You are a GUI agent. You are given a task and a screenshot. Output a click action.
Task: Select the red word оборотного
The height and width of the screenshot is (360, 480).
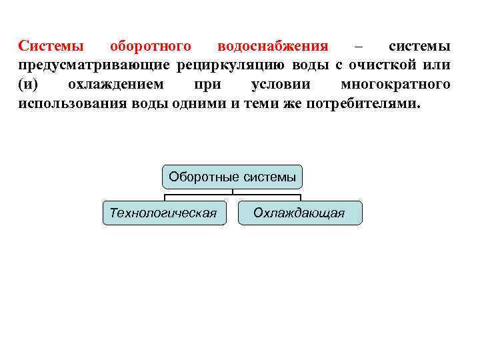[151, 47]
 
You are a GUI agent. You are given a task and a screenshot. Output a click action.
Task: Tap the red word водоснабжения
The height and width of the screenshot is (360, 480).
[273, 47]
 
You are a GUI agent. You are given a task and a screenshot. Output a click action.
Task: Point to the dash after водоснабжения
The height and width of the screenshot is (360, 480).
[359, 47]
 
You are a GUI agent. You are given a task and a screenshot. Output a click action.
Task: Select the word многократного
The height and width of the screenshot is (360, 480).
[395, 85]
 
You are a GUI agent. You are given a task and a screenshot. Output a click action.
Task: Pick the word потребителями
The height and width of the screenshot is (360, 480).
[363, 105]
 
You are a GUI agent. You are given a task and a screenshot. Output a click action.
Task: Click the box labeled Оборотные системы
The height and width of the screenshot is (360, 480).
[232, 177]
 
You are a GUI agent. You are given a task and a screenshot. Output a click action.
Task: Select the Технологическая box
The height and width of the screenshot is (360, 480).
[164, 213]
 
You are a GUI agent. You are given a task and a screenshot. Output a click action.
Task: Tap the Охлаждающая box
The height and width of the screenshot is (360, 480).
[299, 213]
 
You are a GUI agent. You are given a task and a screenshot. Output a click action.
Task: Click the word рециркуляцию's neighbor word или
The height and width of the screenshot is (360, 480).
[437, 66]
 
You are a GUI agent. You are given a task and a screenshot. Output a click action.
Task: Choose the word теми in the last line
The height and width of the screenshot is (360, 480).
[247, 105]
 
